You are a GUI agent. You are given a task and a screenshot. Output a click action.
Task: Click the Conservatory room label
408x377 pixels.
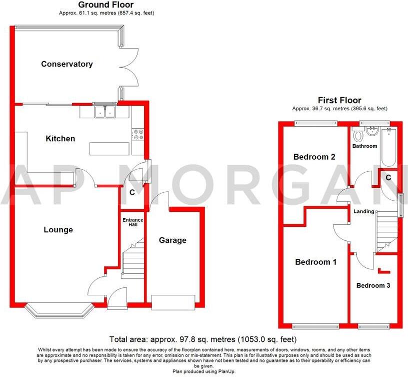(x=67, y=64)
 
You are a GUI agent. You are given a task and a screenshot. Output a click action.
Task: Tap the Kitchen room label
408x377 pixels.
(x=60, y=139)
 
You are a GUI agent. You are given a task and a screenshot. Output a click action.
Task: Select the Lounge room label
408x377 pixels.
(x=58, y=230)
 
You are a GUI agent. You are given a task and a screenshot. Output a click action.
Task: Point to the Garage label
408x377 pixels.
(x=172, y=240)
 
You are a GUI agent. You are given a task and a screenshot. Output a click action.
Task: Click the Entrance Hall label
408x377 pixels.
(x=133, y=222)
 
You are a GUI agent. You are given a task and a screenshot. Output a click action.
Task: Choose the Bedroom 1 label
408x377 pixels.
(x=315, y=262)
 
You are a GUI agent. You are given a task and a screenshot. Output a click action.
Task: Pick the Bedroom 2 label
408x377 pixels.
(x=314, y=157)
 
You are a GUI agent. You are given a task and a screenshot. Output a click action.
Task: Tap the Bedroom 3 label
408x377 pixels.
(x=373, y=285)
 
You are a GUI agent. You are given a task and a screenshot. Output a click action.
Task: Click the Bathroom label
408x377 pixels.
(x=364, y=146)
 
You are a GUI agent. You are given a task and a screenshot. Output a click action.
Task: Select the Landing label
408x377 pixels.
(x=363, y=211)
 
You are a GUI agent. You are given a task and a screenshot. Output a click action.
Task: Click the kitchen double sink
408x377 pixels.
(x=105, y=112)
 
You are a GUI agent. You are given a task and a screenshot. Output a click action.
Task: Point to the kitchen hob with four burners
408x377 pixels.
(x=138, y=134)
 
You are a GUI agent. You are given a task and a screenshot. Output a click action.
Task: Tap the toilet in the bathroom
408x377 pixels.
(x=357, y=136)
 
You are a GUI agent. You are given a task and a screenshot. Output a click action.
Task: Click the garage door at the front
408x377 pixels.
(x=172, y=302)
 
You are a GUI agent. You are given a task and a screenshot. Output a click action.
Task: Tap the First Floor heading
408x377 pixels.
(x=339, y=101)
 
